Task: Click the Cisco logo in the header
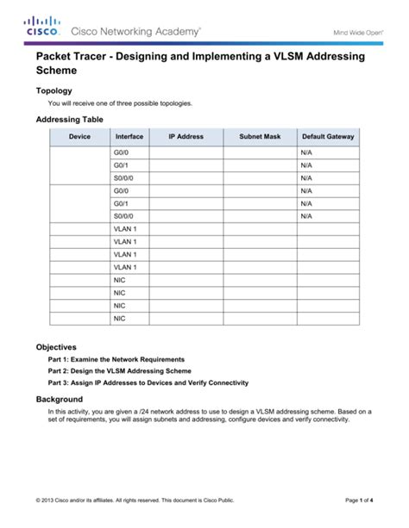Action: point(42,28)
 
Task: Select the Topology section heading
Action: point(53,90)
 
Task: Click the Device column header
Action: point(79,137)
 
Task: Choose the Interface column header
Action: point(129,137)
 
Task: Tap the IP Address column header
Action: point(186,137)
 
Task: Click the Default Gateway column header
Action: point(328,137)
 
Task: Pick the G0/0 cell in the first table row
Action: point(121,152)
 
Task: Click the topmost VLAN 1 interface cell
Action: point(125,229)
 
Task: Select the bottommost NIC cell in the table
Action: point(119,319)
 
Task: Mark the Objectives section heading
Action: point(56,346)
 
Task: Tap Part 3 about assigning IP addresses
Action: point(148,382)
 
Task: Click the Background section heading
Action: point(60,400)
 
